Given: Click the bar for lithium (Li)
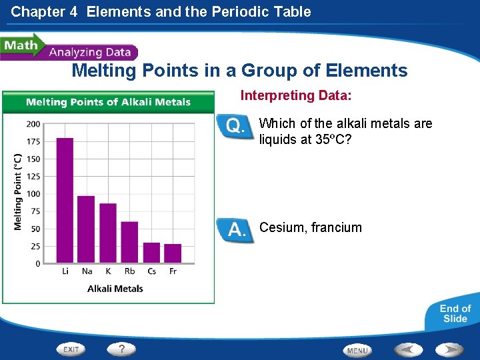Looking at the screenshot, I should [65, 200].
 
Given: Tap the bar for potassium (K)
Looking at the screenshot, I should [108, 233].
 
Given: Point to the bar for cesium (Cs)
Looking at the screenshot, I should [151, 253].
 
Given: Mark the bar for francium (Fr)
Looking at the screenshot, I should [173, 253].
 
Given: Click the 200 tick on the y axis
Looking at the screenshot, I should [33, 124].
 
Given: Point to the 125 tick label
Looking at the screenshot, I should [33, 177].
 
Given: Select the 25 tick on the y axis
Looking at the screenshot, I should [35, 247].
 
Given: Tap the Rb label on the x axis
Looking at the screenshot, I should [129, 271].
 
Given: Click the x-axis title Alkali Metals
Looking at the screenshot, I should [115, 289].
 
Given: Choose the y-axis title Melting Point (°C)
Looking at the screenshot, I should [18, 192].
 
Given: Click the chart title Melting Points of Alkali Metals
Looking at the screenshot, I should [108, 102].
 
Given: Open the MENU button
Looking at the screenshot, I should [357, 350].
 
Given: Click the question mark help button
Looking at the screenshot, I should [122, 349].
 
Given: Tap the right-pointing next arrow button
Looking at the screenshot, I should [450, 349].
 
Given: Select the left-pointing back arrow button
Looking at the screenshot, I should [407, 349].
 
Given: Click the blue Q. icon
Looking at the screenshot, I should [236, 126].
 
